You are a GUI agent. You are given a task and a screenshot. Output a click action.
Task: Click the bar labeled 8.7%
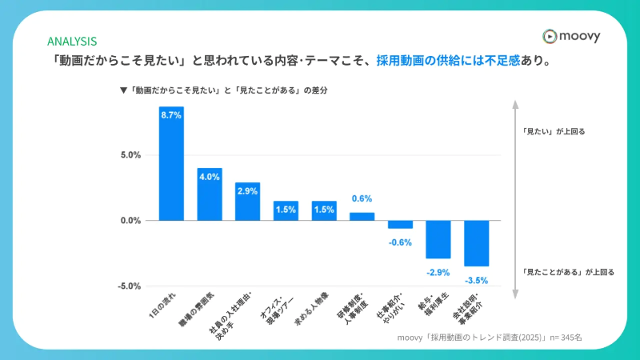171,164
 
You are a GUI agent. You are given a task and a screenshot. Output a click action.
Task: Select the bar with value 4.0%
210,194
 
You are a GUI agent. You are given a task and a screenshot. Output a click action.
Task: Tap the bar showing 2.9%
247,202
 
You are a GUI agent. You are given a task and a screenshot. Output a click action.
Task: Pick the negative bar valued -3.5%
476,243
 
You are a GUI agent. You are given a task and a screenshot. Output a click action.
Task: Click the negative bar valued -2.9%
438,239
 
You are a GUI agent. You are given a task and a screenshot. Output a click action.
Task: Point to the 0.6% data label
362,198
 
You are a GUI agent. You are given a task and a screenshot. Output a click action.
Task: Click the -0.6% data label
400,242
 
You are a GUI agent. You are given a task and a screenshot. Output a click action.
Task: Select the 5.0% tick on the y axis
131,155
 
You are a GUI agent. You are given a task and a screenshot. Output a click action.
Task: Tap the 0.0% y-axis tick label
131,221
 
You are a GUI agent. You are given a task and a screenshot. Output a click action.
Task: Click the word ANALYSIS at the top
72,41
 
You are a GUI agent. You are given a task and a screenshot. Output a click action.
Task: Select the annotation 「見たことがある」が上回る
568,272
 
